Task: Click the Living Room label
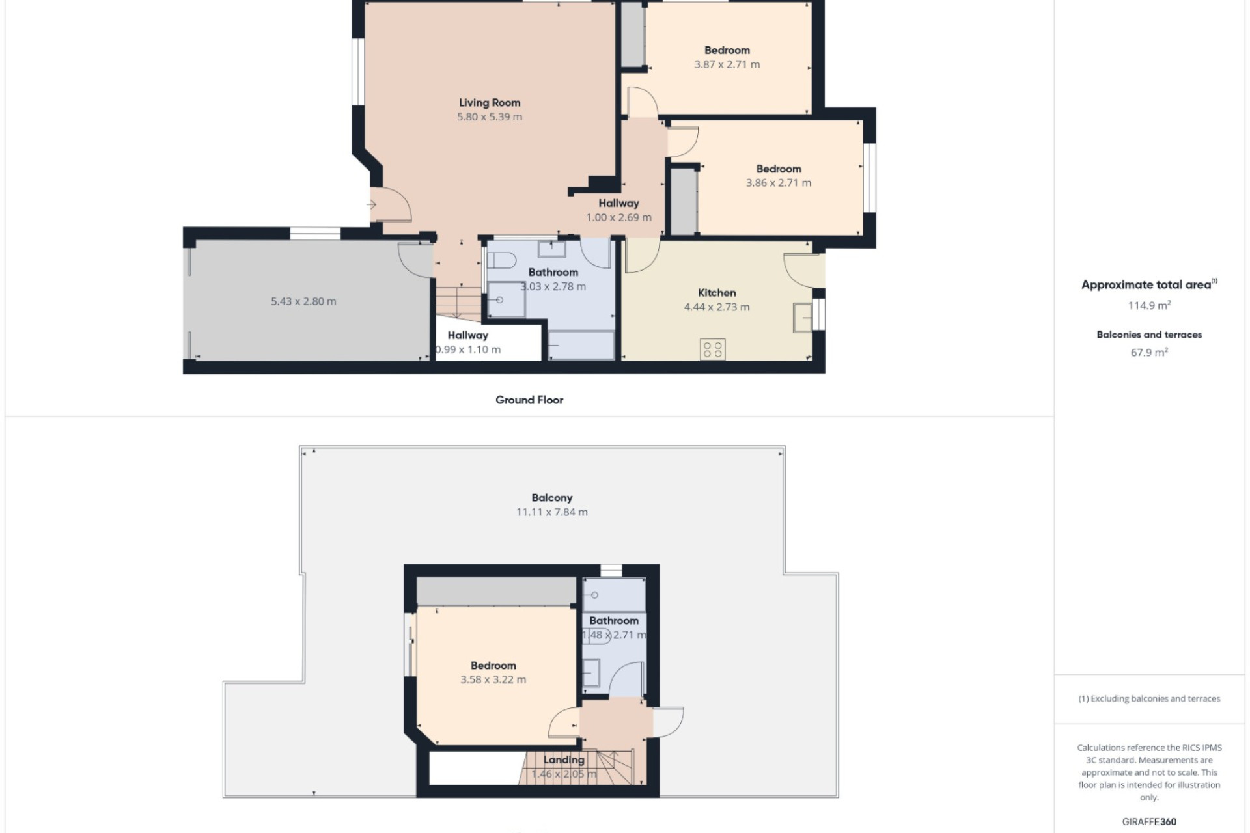(x=490, y=103)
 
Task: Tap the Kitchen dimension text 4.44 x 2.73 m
(x=717, y=307)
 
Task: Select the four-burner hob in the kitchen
(x=713, y=349)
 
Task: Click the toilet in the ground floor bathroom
(x=501, y=260)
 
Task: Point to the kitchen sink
(x=803, y=318)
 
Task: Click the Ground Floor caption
(x=529, y=400)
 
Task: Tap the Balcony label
(x=552, y=498)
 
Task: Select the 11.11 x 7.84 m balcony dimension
(x=552, y=512)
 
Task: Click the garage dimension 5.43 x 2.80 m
(x=303, y=301)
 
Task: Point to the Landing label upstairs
(x=564, y=759)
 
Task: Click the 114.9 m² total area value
(x=1150, y=305)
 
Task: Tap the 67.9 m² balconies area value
(x=1150, y=353)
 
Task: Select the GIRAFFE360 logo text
(x=1149, y=822)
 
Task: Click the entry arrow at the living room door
(x=372, y=205)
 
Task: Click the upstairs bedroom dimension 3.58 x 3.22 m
(x=493, y=679)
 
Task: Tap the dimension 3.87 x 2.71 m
(x=727, y=64)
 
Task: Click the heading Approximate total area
(x=1146, y=285)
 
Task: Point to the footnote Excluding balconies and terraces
(x=1149, y=699)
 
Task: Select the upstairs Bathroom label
(x=614, y=621)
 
